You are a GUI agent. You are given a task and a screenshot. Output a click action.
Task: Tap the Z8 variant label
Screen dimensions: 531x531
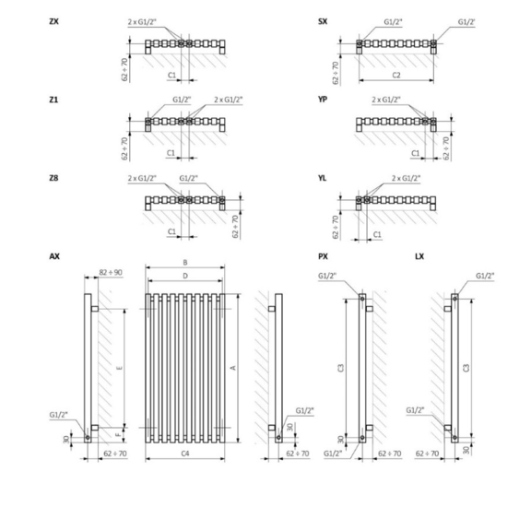(x=54, y=177)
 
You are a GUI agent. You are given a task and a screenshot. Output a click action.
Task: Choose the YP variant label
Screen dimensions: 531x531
(x=323, y=100)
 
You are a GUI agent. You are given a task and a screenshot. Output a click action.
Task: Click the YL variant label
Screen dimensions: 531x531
(x=323, y=177)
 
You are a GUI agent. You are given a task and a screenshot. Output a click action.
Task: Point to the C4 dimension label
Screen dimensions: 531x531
(x=185, y=453)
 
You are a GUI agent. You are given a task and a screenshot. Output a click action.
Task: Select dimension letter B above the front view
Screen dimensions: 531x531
(x=185, y=263)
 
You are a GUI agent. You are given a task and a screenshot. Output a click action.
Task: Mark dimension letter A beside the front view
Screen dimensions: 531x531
(x=233, y=367)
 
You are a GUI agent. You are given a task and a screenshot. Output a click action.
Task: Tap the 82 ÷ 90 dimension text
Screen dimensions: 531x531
(x=110, y=273)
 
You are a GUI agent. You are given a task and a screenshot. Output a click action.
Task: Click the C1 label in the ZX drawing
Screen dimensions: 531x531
(x=172, y=76)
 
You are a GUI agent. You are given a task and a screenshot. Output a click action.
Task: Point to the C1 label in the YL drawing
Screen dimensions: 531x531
(x=378, y=235)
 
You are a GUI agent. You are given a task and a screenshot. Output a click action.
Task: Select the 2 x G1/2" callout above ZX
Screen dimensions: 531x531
(x=142, y=20)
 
